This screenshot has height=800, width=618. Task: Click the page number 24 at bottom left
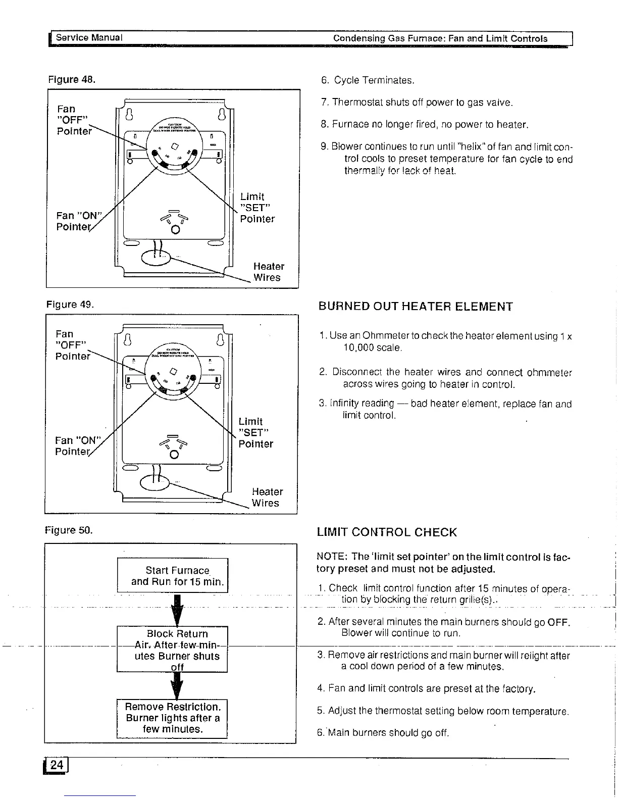pyautogui.click(x=57, y=765)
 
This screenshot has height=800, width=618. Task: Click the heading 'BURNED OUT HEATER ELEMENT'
pyautogui.click(x=416, y=307)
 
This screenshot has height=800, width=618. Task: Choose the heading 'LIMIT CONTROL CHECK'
pyautogui.click(x=387, y=532)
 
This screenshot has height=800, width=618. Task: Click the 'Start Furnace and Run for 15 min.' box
pyautogui.click(x=173, y=576)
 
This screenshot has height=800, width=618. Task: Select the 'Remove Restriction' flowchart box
pyautogui.click(x=172, y=718)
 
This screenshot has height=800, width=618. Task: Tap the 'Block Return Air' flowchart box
pyautogui.click(x=172, y=649)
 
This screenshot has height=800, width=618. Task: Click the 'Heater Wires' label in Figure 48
pyautogui.click(x=269, y=272)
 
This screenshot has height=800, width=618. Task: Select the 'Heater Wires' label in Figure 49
pyautogui.click(x=267, y=497)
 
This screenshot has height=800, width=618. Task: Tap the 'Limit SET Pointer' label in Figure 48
pyautogui.click(x=257, y=208)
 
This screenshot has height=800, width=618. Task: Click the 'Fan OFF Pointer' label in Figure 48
pyautogui.click(x=74, y=120)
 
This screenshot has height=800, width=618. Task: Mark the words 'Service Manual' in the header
pyautogui.click(x=89, y=38)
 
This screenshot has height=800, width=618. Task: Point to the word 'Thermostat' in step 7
pyautogui.click(x=356, y=103)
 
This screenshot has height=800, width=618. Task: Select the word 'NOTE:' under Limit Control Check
pyautogui.click(x=332, y=557)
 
